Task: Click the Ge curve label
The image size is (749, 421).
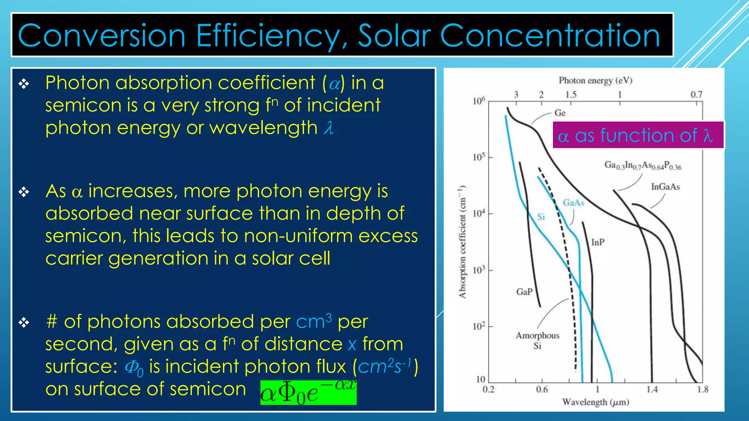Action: pyautogui.click(x=560, y=113)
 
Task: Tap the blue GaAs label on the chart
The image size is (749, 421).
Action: pyautogui.click(x=573, y=202)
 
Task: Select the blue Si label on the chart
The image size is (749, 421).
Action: pyautogui.click(x=541, y=217)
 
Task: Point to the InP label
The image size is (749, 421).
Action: pyautogui.click(x=598, y=242)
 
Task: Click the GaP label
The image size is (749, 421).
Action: pyautogui.click(x=524, y=292)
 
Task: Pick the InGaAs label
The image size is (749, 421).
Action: pyautogui.click(x=665, y=187)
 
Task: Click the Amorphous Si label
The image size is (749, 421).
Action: pyautogui.click(x=537, y=340)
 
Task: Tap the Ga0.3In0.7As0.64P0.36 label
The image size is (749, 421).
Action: pyautogui.click(x=643, y=166)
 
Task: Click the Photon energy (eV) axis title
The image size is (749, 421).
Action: pyautogui.click(x=595, y=80)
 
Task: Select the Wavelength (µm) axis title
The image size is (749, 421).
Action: pyautogui.click(x=595, y=402)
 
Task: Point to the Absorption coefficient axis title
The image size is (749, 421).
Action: pyautogui.click(x=463, y=242)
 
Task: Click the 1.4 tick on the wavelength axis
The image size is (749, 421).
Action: pyautogui.click(x=652, y=390)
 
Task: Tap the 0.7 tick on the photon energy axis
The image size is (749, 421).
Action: pyautogui.click(x=696, y=95)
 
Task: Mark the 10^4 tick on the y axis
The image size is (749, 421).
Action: pyautogui.click(x=479, y=213)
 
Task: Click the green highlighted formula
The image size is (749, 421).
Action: pyautogui.click(x=308, y=393)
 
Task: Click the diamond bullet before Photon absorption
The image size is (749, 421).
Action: pyautogui.click(x=24, y=84)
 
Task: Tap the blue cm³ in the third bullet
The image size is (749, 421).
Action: pyautogui.click(x=313, y=322)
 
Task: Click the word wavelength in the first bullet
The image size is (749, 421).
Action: pyautogui.click(x=263, y=128)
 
